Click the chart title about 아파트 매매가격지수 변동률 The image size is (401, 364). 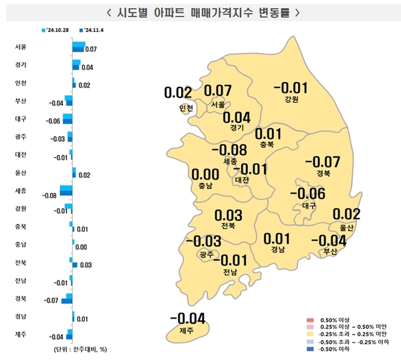click(200, 12)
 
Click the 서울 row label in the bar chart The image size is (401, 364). click(20, 47)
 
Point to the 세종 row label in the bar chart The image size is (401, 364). click(20, 191)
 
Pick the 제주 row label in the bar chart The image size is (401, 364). click(20, 333)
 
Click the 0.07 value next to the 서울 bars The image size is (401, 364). click(92, 49)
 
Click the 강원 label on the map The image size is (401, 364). click(291, 100)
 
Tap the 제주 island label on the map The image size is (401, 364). click(186, 331)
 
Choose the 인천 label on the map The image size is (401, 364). click(186, 108)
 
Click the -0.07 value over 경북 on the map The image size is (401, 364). click(322, 162)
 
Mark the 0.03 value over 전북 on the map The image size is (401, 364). click(229, 216)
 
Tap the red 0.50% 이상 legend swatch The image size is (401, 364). click(309, 321)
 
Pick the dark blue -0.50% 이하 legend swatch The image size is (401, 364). click(309, 347)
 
